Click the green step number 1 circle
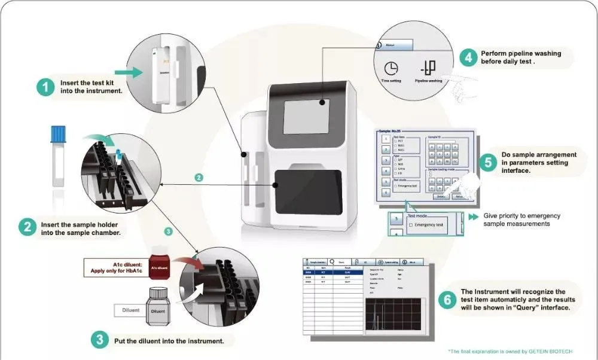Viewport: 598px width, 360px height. click(x=45, y=87)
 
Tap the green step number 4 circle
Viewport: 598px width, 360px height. click(x=468, y=57)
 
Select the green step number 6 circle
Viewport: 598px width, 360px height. click(x=446, y=300)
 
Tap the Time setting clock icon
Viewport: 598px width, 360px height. click(x=391, y=69)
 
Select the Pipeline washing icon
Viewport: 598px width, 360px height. click(x=428, y=68)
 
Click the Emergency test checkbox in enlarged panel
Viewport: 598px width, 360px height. click(x=410, y=225)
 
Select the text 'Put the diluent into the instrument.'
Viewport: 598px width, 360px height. click(x=169, y=341)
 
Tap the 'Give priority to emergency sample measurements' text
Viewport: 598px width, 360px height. click(x=517, y=219)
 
